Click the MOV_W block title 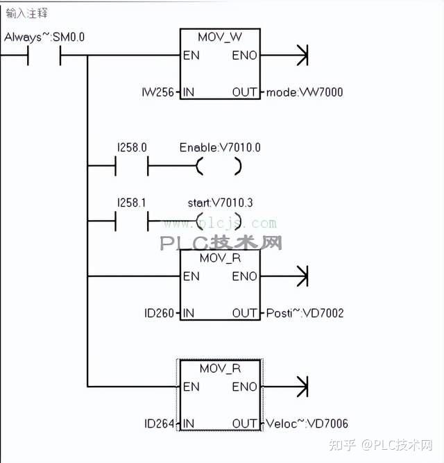click(x=220, y=36)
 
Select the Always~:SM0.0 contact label click(x=44, y=37)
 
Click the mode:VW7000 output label click(x=305, y=92)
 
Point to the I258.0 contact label click(x=130, y=148)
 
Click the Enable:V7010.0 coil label click(x=220, y=148)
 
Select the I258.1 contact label click(x=130, y=203)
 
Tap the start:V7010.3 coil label click(x=219, y=203)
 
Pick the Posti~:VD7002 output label click(x=305, y=313)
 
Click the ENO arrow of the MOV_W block click(x=300, y=56)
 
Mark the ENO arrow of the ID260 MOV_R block click(x=300, y=276)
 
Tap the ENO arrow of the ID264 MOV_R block click(x=300, y=387)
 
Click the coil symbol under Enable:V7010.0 click(x=219, y=167)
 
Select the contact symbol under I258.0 click(x=131, y=167)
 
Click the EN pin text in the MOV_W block click(x=191, y=56)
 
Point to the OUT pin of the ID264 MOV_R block click(x=245, y=423)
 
